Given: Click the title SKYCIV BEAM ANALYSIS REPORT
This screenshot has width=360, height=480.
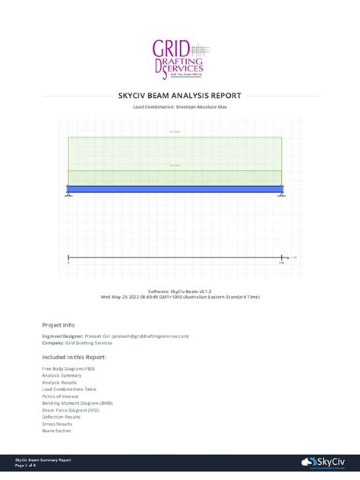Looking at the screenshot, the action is point(180,96).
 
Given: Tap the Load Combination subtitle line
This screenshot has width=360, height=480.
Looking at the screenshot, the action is point(180,108).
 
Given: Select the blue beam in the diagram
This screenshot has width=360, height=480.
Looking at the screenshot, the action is point(175,189).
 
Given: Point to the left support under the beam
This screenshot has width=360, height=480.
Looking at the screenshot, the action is point(68,195).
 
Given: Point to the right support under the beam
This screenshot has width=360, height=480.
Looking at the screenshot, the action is point(281,195).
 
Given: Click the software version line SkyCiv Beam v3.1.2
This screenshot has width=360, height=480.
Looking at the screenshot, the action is point(180,292).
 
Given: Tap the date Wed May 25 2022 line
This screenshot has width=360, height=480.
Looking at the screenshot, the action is point(180,297).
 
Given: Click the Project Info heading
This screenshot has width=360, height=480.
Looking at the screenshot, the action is point(58,324).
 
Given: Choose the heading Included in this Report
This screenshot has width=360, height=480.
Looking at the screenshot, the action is point(74,356).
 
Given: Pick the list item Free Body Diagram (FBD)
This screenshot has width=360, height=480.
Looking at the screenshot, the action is point(68,368).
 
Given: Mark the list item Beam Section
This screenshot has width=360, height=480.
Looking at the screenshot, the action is point(56,431).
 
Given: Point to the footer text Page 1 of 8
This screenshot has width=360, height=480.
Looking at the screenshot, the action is point(28,465).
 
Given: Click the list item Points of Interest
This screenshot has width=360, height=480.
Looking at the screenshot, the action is point(62,396).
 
